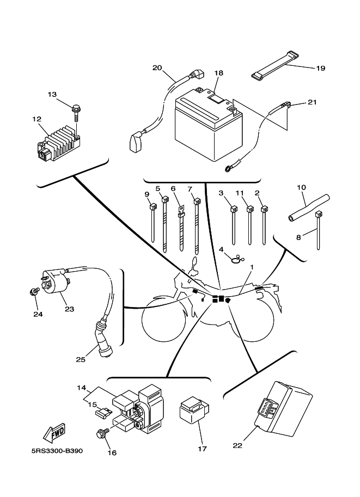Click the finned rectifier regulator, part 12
[x=59, y=142]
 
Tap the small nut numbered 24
[x=33, y=292]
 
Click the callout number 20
[x=157, y=68]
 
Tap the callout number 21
[x=312, y=102]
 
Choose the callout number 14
[x=81, y=388]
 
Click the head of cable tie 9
[x=152, y=207]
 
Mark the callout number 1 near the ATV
[x=252, y=268]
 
